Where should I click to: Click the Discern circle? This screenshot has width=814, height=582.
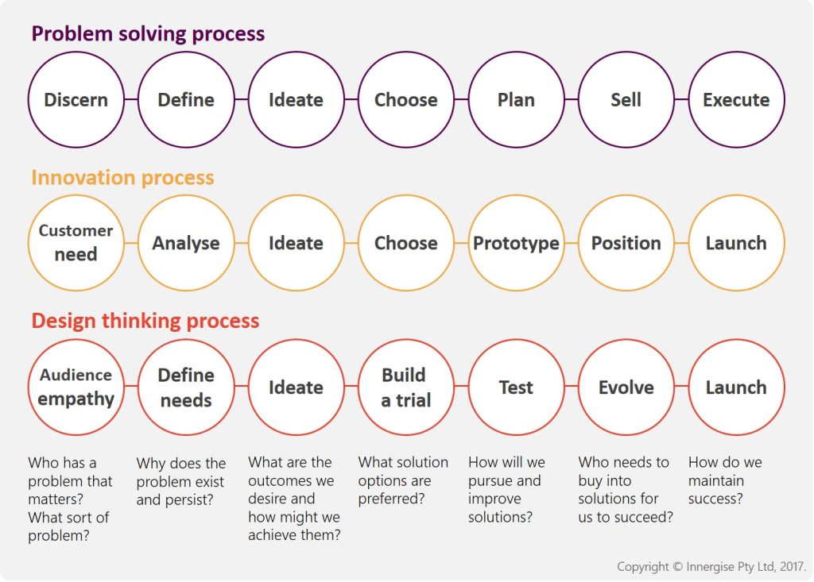76,100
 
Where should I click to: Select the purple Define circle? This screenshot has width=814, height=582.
186,100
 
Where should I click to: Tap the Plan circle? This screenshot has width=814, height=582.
516,100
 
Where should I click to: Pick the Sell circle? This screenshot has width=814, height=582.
626,100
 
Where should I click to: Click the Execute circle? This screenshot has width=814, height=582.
736,100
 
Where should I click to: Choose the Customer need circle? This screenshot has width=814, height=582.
76,243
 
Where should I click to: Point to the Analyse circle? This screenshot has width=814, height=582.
186,243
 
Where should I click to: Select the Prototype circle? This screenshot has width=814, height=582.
516,243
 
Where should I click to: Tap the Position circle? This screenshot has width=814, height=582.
626,243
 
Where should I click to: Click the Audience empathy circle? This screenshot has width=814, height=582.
76,387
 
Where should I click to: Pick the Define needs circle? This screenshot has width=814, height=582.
186,387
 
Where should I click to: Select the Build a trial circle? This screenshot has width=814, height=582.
405,387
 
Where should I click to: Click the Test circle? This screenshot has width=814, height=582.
516,387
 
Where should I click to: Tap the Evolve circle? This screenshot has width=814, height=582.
626,387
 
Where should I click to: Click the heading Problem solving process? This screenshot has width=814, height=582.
148,34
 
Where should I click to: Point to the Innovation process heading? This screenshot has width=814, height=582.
122,177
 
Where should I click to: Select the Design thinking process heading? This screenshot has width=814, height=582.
145,321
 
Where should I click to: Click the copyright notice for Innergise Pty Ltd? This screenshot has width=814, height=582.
711,567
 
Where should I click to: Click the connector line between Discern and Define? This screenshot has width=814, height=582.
131,100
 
